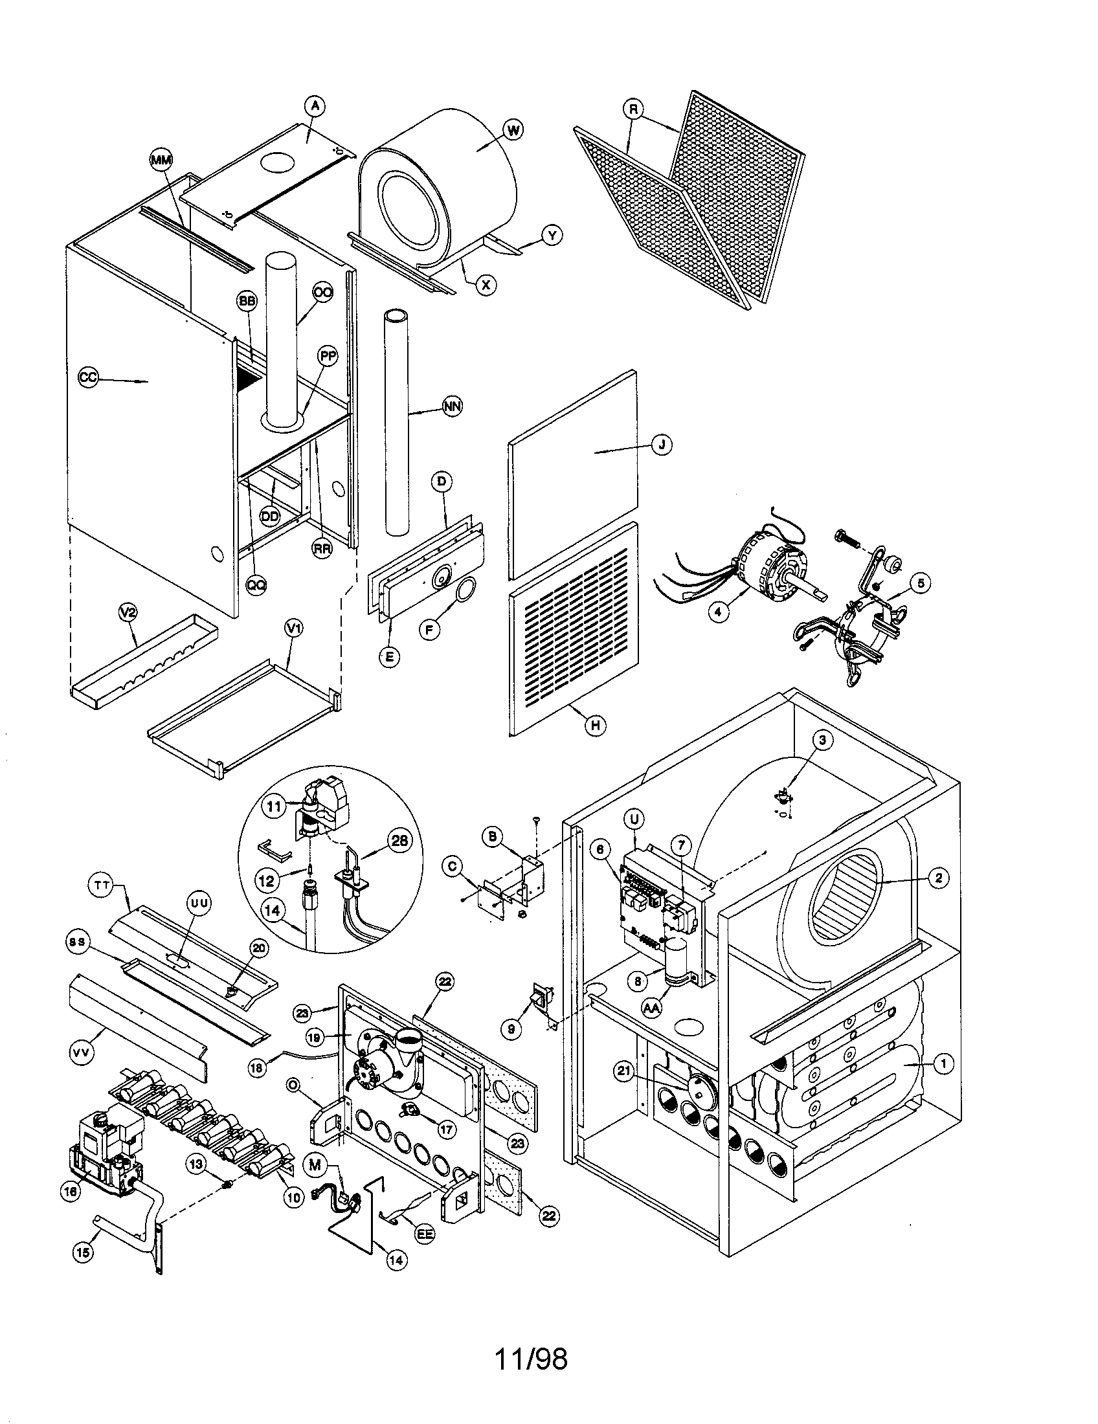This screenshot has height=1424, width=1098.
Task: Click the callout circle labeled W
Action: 513,130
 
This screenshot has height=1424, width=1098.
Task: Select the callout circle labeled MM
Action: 159,159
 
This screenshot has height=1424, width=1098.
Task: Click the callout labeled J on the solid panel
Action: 662,445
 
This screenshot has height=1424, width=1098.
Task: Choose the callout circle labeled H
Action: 594,725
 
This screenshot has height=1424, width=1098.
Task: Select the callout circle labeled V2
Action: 128,613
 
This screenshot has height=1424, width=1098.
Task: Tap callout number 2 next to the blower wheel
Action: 938,878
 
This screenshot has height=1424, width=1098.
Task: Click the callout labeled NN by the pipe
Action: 452,406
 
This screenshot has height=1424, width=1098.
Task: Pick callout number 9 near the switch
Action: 511,1029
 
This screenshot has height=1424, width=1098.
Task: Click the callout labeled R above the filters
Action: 633,109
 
